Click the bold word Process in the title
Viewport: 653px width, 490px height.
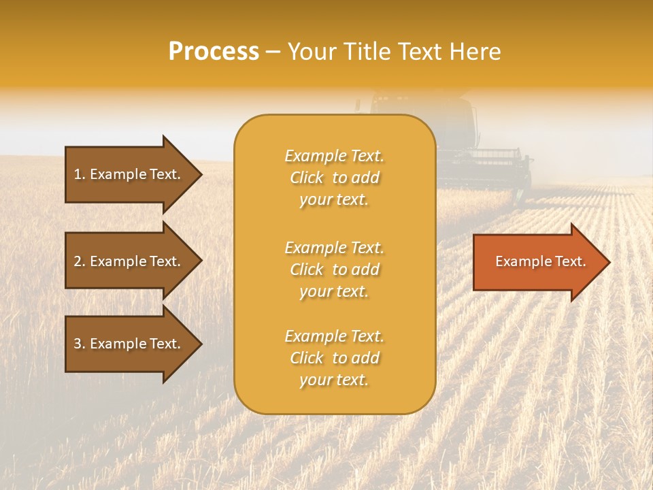214,52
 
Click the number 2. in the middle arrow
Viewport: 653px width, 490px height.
80,261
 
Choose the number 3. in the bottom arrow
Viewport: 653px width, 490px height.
80,344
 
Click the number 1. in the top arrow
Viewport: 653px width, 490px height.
80,174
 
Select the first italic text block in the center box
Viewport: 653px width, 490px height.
334,178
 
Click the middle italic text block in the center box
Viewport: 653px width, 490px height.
334,269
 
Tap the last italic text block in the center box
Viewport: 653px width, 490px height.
334,358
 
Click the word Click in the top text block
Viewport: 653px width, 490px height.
307,178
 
